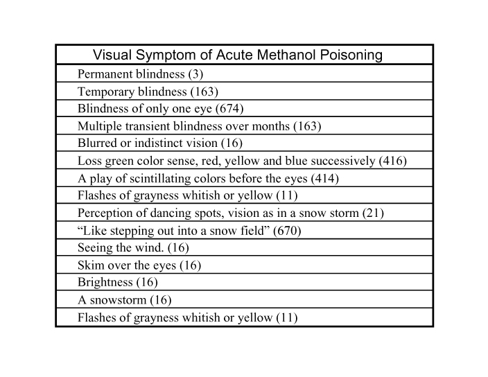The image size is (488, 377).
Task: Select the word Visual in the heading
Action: pyautogui.click(x=112, y=55)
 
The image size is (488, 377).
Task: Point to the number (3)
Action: pyautogui.click(x=195, y=74)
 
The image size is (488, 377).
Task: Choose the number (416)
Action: pyautogui.click(x=393, y=161)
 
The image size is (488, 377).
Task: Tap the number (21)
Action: pyautogui.click(x=373, y=213)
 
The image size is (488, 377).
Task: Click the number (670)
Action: pyautogui.click(x=287, y=231)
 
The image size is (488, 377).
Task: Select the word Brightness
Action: pyautogui.click(x=105, y=283)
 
